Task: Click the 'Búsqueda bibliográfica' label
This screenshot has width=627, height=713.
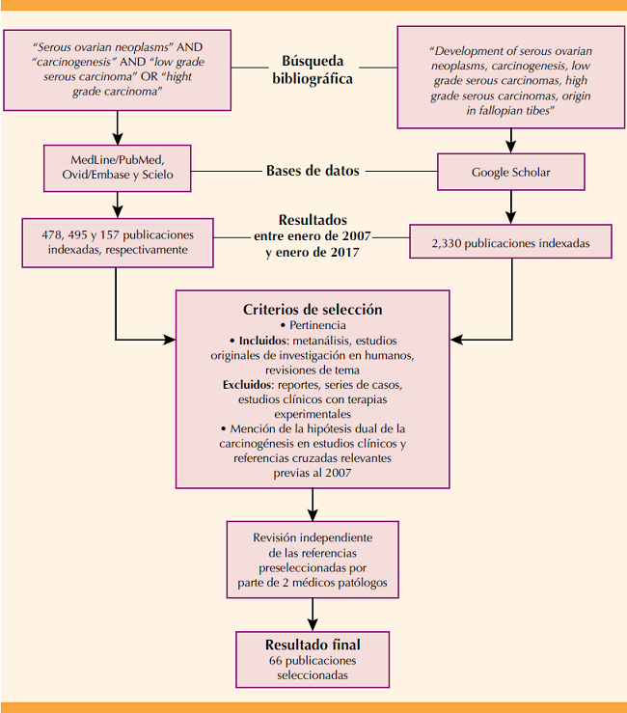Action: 313,69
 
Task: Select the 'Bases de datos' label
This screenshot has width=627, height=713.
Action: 313,172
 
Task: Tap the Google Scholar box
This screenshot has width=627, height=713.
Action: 510,173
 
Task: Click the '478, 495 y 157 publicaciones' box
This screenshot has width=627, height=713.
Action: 116,241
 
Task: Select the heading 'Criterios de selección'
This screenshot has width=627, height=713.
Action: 313,310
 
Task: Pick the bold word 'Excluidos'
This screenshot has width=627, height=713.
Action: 248,384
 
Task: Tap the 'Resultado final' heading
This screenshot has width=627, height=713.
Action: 313,644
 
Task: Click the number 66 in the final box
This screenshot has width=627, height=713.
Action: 278,661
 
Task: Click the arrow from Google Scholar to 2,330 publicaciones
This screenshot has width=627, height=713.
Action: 510,206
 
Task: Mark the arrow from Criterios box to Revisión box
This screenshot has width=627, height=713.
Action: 313,504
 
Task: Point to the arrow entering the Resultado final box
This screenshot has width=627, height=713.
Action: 313,615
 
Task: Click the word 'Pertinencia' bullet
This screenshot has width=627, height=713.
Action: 314,326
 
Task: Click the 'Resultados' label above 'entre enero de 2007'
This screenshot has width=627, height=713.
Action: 313,219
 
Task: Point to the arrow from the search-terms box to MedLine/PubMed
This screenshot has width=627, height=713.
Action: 116,126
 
